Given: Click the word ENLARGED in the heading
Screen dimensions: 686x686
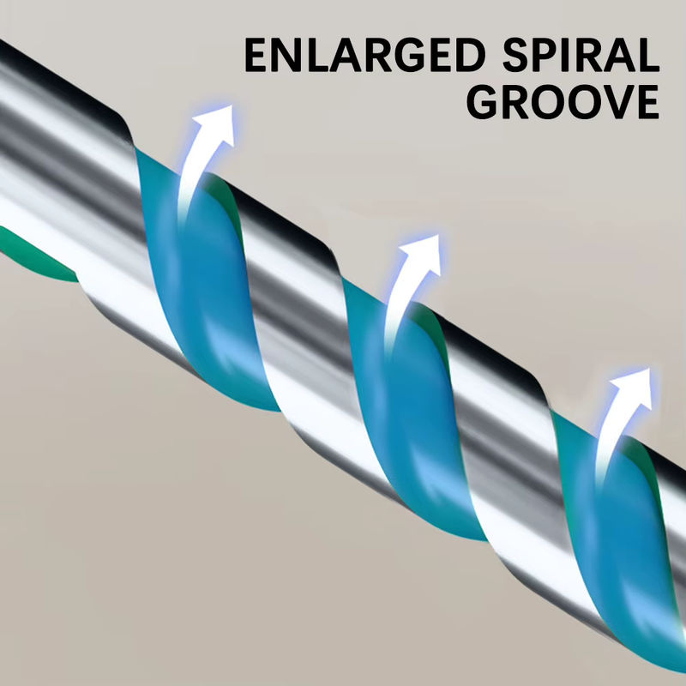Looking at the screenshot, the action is click(365, 55).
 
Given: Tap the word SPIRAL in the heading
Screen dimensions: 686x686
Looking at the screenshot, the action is click(581, 55).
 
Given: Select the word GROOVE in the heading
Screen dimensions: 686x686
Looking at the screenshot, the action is click(563, 102).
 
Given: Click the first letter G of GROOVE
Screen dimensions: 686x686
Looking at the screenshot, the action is click(483, 102).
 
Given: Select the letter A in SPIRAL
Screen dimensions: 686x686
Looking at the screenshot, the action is click(619, 55).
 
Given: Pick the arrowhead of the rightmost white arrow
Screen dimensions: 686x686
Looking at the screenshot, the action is click(634, 387).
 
